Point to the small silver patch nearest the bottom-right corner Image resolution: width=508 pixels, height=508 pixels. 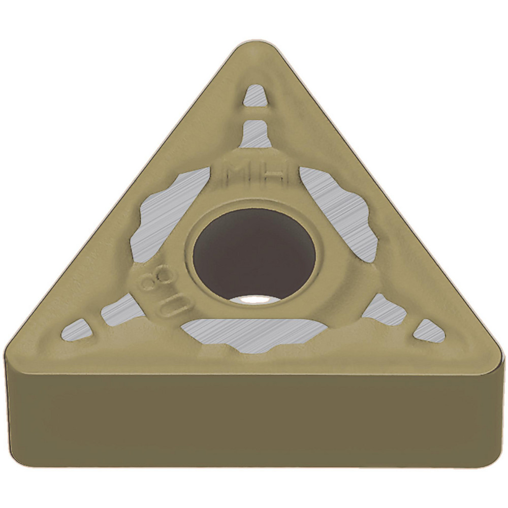click(429, 331)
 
